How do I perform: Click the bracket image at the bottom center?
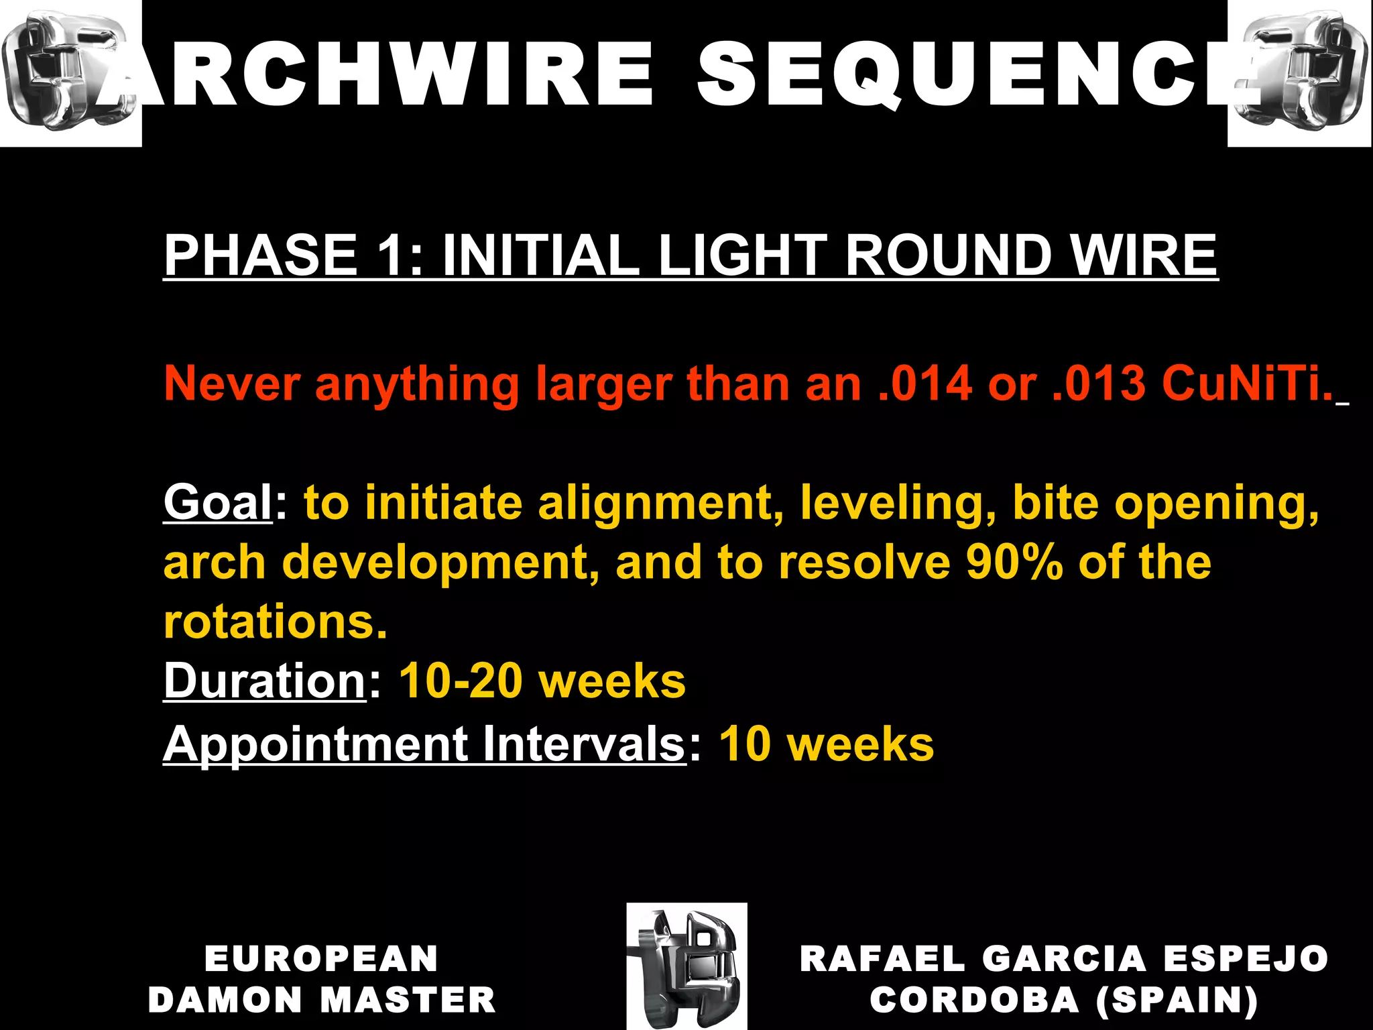686,966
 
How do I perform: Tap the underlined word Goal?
217,503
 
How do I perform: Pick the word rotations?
275,622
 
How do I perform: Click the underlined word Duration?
264,681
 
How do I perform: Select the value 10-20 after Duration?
461,681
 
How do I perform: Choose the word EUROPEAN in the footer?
322,958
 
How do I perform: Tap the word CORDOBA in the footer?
973,1000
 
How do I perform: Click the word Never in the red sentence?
232,384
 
